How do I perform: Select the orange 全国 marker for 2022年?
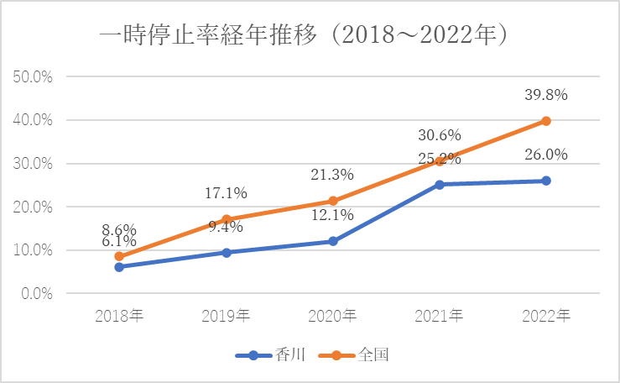[545, 121]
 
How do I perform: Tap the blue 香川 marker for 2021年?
[439, 184]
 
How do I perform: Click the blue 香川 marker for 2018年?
[119, 267]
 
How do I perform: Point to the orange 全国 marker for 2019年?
[226, 219]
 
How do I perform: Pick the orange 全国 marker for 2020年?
[332, 201]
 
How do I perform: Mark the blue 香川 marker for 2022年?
[545, 181]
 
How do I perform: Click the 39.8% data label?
[545, 95]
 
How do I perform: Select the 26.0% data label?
[545, 155]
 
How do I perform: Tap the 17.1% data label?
[226, 193]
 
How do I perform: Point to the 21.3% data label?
[332, 175]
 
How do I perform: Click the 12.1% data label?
[332, 215]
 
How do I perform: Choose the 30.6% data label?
[439, 134]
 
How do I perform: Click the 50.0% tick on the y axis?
[34, 76]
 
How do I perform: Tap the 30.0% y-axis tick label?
[34, 163]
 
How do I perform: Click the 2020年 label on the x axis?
[332, 316]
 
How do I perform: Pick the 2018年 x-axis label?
[119, 316]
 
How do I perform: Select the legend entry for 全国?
[355, 355]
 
